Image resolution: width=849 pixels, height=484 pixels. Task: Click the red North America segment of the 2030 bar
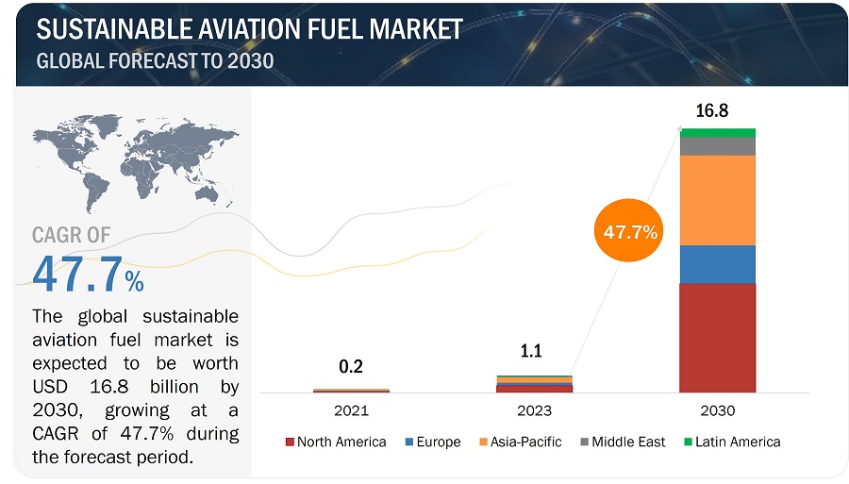[x=717, y=337]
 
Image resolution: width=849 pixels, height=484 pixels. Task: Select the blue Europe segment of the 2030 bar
[x=717, y=264]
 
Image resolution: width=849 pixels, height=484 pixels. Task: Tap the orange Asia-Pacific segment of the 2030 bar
[x=717, y=200]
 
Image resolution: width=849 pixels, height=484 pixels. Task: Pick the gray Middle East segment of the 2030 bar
[x=717, y=146]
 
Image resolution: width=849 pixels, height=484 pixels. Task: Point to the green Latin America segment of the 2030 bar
[x=717, y=132]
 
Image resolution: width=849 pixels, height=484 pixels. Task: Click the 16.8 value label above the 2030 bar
[x=711, y=111]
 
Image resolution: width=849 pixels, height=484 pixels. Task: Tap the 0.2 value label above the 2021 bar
[x=351, y=367]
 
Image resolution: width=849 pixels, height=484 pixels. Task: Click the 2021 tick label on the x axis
[x=351, y=411]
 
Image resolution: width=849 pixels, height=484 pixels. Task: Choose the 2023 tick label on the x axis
[x=534, y=411]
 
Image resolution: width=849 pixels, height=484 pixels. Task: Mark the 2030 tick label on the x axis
[x=717, y=411]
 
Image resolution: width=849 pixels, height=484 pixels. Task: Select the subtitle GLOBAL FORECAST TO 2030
[x=155, y=62]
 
